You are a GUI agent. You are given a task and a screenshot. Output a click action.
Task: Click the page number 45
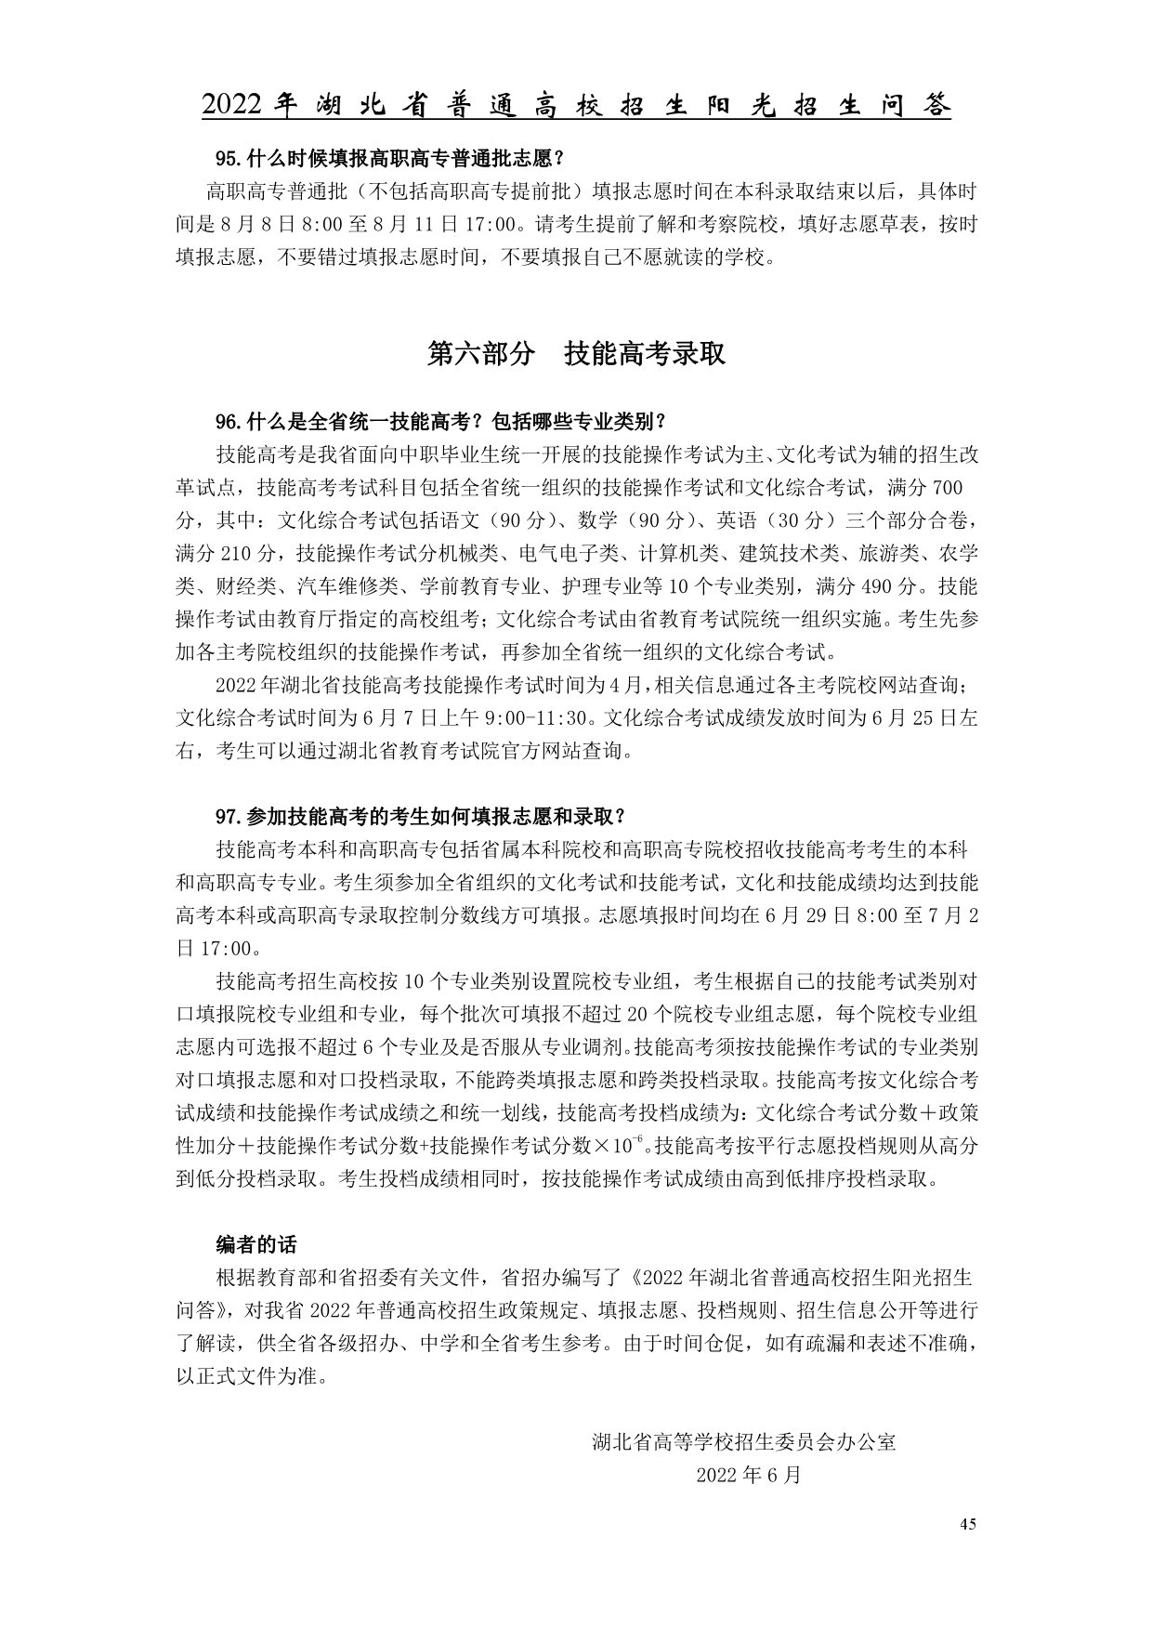(967, 1523)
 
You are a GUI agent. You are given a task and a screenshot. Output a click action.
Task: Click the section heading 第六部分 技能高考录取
(575, 353)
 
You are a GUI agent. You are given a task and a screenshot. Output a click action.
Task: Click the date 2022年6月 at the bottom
(748, 1475)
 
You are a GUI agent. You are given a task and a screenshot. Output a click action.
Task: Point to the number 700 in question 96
(947, 488)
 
